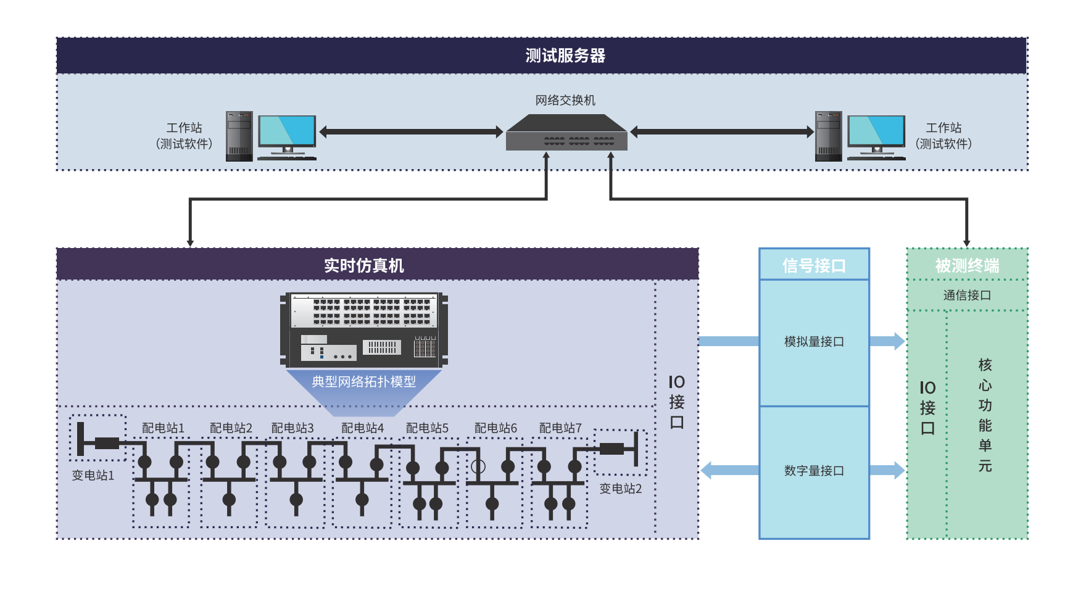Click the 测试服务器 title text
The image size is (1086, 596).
point(565,56)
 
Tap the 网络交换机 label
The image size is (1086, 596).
point(565,100)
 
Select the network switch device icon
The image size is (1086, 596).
point(566,134)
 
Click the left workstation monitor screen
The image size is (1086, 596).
point(287,130)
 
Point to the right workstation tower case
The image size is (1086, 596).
point(828,136)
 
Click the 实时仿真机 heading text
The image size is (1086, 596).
point(364,265)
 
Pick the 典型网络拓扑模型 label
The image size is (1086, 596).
point(363,381)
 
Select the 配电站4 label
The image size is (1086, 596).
point(362,428)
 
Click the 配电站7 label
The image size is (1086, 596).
point(560,428)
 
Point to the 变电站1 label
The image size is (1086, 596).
point(93,475)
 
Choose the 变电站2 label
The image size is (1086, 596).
point(621,489)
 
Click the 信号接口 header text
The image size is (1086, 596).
point(814,265)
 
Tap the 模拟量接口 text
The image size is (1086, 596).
point(814,341)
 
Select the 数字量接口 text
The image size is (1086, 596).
point(814,471)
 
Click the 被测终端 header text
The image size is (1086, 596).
point(967,265)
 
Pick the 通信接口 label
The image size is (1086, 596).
point(967,295)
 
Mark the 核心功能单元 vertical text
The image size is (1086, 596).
point(985,415)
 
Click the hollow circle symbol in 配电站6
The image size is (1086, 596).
point(478,466)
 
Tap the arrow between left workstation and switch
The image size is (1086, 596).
point(411,131)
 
